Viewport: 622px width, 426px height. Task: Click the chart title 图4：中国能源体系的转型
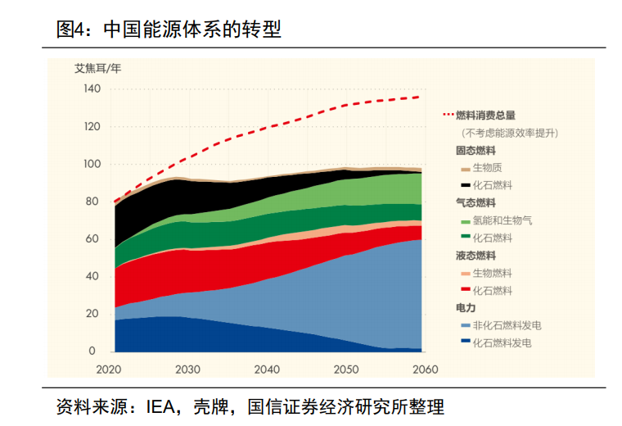tap(169, 30)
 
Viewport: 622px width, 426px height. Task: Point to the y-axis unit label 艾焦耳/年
tap(98, 68)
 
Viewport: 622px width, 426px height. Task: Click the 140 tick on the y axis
tap(91, 88)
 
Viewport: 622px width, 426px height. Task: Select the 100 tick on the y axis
tap(91, 164)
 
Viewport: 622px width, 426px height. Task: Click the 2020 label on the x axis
tap(109, 369)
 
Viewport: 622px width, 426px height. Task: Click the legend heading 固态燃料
tap(476, 151)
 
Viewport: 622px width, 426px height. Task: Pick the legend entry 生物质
tap(487, 168)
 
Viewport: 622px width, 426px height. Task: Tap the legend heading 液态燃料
tap(476, 256)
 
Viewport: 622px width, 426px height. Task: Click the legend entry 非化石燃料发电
tap(507, 325)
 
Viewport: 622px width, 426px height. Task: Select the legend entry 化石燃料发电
tap(502, 342)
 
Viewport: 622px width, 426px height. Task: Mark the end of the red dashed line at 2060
tap(421, 97)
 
